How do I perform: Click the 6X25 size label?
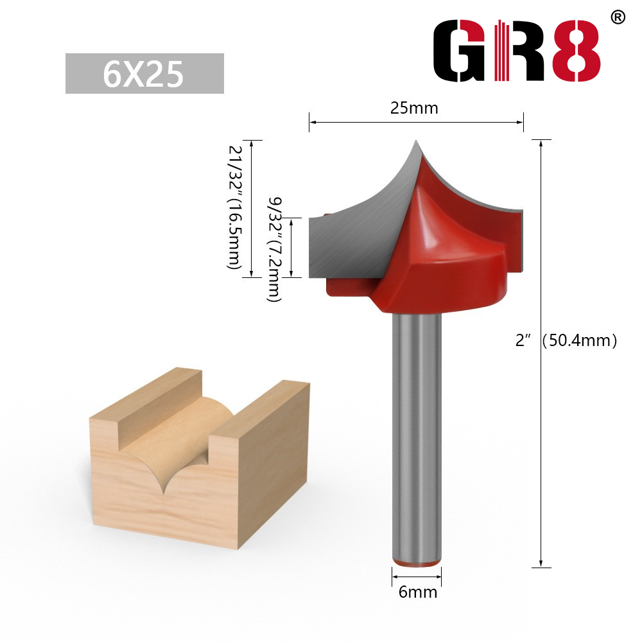tap(144, 74)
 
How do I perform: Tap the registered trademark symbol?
tap(617, 17)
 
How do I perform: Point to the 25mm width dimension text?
tap(414, 108)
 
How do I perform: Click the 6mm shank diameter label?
tap(417, 591)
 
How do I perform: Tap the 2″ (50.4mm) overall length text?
tap(566, 341)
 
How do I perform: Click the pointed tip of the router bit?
tap(415, 142)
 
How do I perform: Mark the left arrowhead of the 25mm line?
tap(313, 121)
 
